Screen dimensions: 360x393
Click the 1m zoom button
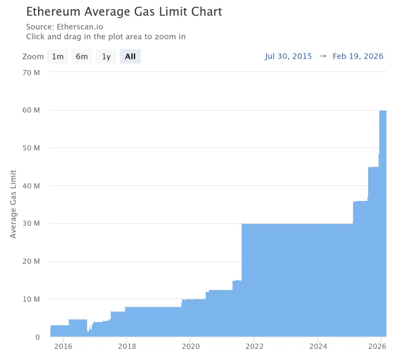pos(58,57)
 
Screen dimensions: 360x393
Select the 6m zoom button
pos(82,57)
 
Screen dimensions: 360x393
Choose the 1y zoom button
pos(106,57)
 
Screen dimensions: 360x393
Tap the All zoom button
pos(130,57)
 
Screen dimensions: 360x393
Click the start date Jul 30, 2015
pos(288,56)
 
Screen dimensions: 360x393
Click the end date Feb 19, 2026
pos(358,56)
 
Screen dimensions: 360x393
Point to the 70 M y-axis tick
pos(32,72)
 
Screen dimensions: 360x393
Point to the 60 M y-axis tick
pos(32,110)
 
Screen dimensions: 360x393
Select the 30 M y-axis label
pos(32,224)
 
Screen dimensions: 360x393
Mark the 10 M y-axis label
pos(32,299)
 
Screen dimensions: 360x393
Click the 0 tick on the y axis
pos(38,337)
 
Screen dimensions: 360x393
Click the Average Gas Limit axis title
pos(13,204)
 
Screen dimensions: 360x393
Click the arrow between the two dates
pos(323,56)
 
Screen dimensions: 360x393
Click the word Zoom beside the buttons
pos(33,57)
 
